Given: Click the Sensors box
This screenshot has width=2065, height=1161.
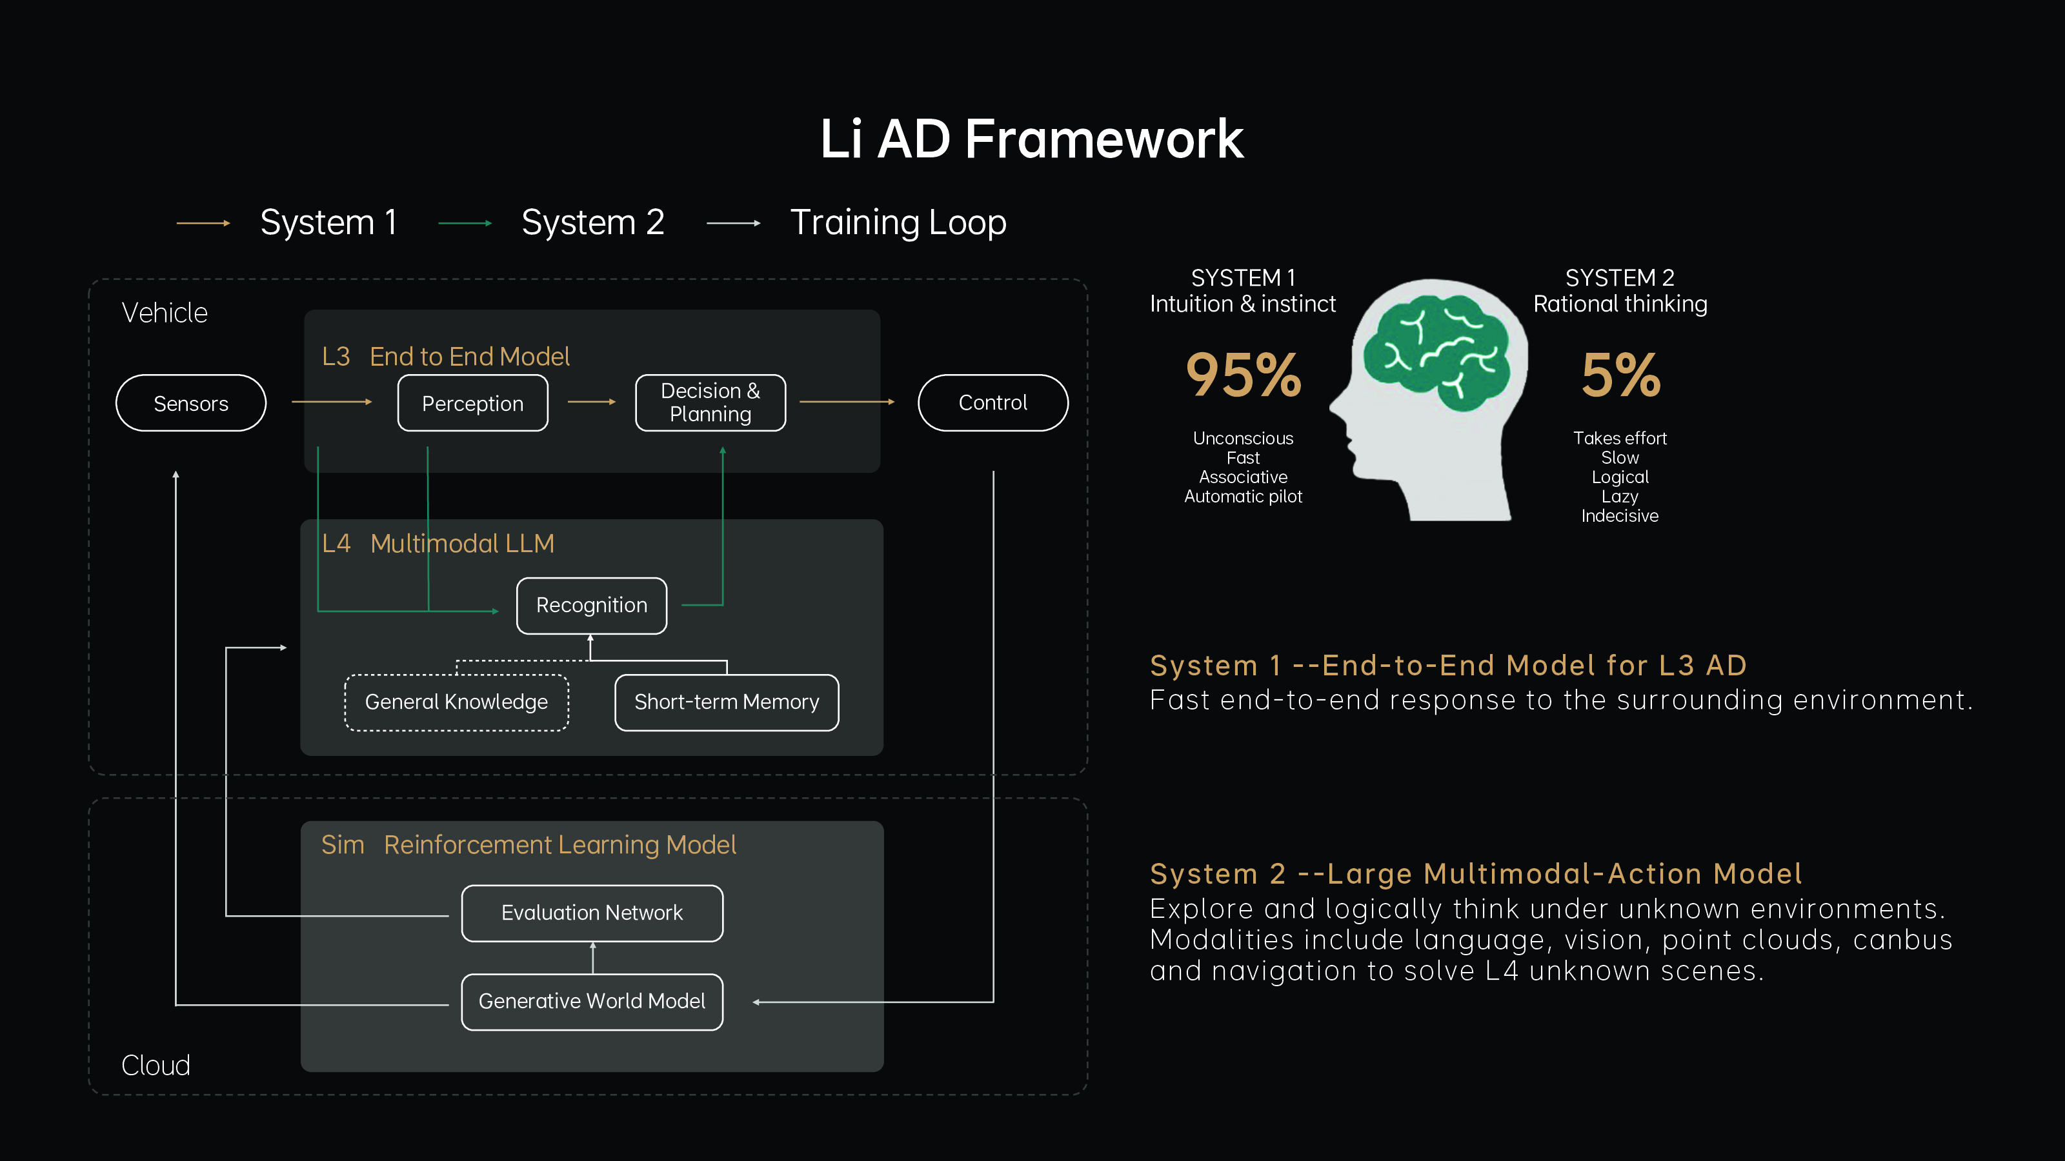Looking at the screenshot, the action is pyautogui.click(x=191, y=403).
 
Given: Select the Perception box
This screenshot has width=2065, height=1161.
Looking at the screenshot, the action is pyautogui.click(x=473, y=403).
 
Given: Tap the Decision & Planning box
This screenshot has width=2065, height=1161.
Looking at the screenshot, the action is pyautogui.click(x=710, y=403).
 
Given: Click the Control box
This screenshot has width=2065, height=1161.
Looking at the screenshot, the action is pyautogui.click(x=992, y=403).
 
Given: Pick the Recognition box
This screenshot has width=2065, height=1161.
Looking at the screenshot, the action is pyautogui.click(x=592, y=606).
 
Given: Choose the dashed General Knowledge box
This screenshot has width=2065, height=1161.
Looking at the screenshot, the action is pyautogui.click(x=456, y=702).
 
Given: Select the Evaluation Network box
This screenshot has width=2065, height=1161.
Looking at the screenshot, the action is pyautogui.click(x=592, y=913).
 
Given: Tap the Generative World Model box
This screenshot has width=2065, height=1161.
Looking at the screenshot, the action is pyautogui.click(x=592, y=1002).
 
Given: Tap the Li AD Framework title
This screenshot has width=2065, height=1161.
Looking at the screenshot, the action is pyautogui.click(x=1032, y=139).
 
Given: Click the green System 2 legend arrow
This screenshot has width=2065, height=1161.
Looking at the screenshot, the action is pyautogui.click(x=465, y=224).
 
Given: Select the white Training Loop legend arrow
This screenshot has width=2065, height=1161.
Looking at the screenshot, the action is pyautogui.click(x=734, y=224).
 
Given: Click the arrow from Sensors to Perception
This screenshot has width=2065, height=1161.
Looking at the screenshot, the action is pyautogui.click(x=332, y=401).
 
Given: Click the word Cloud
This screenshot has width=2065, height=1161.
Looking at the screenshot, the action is pyautogui.click(x=156, y=1066).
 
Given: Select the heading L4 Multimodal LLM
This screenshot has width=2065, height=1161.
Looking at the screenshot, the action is pyautogui.click(x=438, y=544).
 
